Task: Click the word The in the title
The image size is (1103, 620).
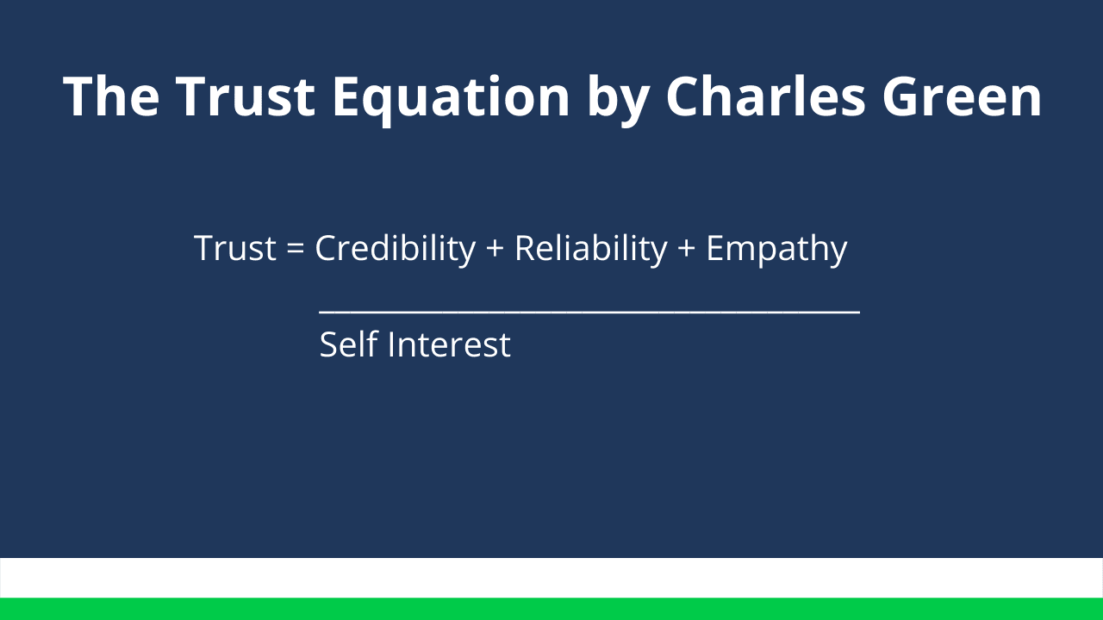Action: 111,96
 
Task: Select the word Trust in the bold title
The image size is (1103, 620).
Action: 246,96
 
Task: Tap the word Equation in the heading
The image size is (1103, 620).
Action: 451,100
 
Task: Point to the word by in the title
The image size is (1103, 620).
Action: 618,100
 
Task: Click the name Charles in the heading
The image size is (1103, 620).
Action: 766,96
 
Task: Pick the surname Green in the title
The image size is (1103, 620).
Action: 962,96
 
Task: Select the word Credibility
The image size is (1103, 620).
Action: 396,250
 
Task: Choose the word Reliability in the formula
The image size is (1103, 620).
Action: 591,250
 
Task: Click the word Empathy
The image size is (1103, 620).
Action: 776,251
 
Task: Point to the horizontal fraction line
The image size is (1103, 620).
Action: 589,312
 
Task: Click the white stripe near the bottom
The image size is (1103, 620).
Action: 551,578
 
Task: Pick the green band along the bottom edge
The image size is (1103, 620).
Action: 551,609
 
